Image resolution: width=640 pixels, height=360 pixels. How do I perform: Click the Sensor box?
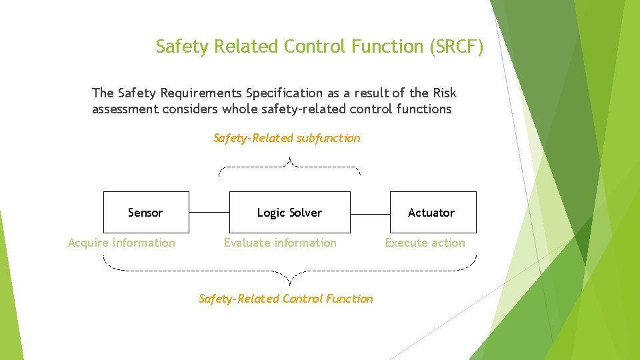point(146,212)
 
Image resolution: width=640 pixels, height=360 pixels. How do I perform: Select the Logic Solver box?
point(289,212)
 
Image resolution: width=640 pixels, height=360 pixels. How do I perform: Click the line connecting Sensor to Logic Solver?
point(209,213)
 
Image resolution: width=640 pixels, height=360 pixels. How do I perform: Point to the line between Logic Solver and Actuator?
point(370,213)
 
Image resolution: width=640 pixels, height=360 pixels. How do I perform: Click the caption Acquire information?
point(121,243)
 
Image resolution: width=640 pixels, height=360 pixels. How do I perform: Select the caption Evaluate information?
point(280,243)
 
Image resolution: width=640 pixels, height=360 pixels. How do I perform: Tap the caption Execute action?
point(425,243)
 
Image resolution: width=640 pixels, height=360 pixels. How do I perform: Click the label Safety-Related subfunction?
point(287,138)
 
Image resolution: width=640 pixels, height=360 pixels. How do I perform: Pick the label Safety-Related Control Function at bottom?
point(286,299)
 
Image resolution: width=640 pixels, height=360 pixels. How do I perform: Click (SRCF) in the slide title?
point(457,47)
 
